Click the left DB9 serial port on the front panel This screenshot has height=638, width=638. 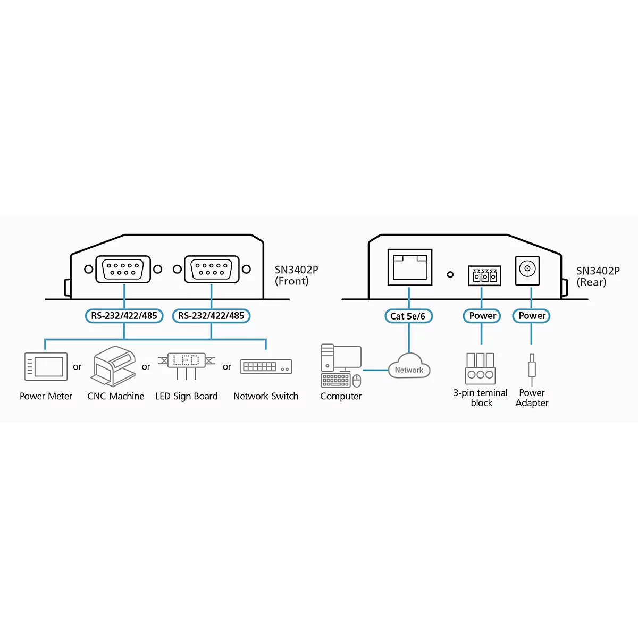[123, 269]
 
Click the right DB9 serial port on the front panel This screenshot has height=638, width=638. [212, 269]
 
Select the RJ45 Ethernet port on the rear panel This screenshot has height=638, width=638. [410, 267]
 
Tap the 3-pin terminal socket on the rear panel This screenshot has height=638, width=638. [484, 275]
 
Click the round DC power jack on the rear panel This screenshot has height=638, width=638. [527, 271]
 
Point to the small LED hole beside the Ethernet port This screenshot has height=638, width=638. [450, 274]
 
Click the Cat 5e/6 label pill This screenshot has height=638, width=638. [408, 316]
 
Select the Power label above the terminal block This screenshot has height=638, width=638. [482, 315]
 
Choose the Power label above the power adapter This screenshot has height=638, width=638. [531, 315]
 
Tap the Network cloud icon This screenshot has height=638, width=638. [409, 366]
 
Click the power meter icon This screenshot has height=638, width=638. [46, 366]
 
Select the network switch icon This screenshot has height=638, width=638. [266, 366]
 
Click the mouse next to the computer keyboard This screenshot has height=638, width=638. [357, 381]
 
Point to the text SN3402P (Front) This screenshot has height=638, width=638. [296, 275]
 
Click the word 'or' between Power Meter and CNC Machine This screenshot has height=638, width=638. [77, 367]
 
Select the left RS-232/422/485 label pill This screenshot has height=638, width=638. [124, 315]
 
